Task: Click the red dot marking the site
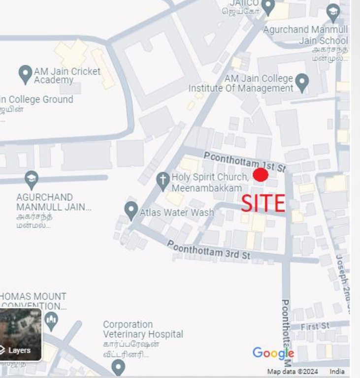coord(261,175)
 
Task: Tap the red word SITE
coord(263,203)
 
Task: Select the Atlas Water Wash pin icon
coord(131,210)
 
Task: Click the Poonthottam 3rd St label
coord(209,250)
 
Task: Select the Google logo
coord(273,353)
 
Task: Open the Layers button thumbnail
coord(20,335)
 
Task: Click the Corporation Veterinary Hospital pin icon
coord(118,366)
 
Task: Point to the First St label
coord(315,326)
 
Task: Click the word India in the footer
coord(337,372)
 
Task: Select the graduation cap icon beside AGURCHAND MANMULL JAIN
coord(32,178)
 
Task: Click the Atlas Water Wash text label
coord(177,213)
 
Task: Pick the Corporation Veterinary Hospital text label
coord(143,329)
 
